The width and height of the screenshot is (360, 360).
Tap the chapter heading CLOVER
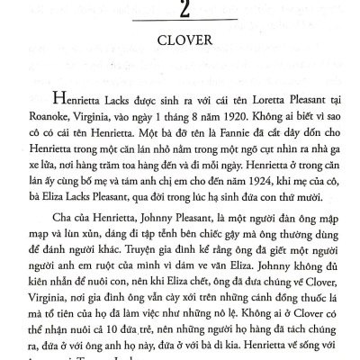click(x=181, y=65)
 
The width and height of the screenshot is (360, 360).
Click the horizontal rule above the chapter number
click(x=181, y=3)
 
